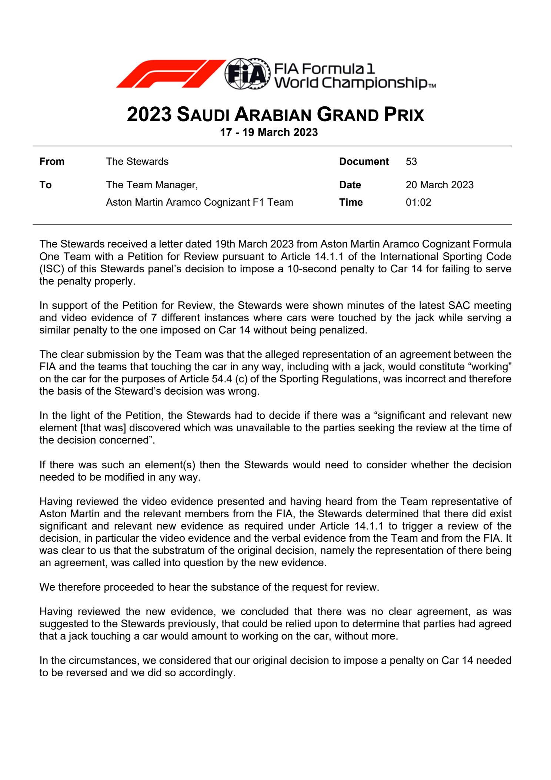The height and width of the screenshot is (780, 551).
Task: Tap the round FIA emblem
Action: (247, 74)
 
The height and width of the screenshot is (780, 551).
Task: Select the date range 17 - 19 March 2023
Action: (269, 132)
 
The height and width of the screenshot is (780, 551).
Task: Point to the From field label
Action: (52, 162)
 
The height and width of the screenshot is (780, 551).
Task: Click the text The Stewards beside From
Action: (137, 162)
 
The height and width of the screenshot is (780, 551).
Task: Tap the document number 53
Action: (411, 162)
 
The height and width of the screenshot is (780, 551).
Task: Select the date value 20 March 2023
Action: (440, 185)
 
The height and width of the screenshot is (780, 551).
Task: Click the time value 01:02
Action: (418, 202)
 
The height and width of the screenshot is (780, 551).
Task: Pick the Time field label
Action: (351, 202)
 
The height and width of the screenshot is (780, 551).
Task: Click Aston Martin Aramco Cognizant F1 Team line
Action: (199, 202)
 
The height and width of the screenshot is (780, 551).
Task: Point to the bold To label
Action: (46, 185)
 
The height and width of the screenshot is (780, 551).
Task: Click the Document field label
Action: (364, 162)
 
